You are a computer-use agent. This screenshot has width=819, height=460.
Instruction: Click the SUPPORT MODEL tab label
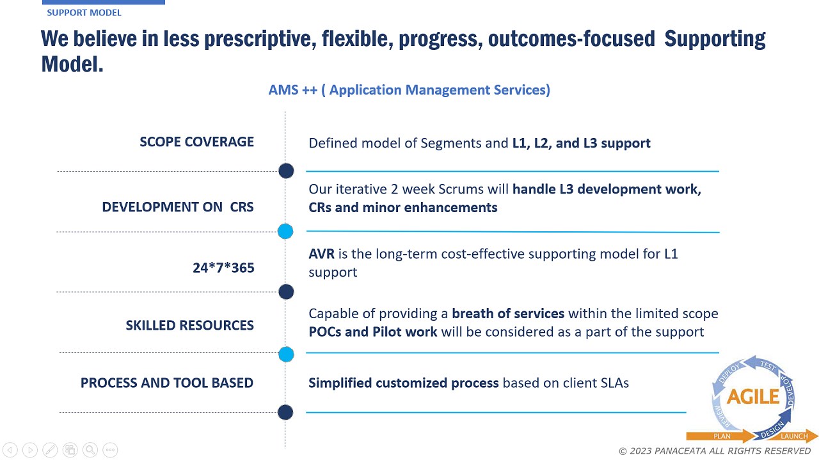[84, 12]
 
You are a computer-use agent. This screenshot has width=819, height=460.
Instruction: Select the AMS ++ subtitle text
[409, 90]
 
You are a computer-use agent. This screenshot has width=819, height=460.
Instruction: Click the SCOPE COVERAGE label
[196, 142]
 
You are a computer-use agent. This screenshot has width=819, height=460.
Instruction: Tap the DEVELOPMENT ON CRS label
[177, 207]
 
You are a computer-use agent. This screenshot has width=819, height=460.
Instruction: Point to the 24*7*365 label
[223, 268]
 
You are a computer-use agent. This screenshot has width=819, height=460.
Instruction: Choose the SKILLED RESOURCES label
[189, 325]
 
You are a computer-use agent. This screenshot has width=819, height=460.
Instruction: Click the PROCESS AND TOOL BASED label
[166, 383]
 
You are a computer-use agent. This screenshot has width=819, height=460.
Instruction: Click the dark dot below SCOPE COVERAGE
[286, 171]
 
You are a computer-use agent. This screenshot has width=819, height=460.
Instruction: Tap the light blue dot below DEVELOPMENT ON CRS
[286, 231]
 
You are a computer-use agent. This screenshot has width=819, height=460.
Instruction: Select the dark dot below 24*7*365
[286, 292]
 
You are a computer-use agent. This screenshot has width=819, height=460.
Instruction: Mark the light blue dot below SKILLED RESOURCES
[286, 354]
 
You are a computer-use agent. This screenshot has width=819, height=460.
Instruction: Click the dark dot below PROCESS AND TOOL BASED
[286, 412]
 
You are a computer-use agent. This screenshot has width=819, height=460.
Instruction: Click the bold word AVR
[321, 254]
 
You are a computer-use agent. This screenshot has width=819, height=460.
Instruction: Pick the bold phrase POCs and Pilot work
[372, 332]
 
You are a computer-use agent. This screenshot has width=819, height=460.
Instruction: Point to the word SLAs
[614, 383]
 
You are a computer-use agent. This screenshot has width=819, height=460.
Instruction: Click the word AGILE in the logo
[753, 397]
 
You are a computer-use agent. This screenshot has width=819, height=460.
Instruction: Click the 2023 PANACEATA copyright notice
[715, 450]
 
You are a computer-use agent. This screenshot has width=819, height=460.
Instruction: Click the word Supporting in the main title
[715, 38]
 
